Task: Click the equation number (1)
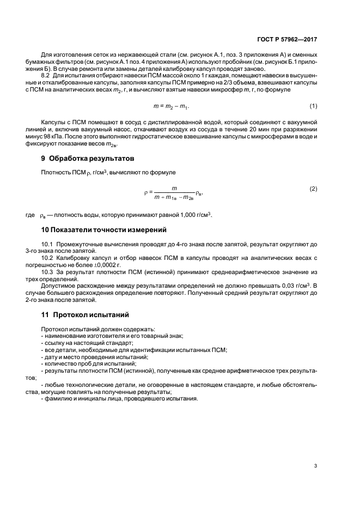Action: point(313,105)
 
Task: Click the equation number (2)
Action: point(313,188)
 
